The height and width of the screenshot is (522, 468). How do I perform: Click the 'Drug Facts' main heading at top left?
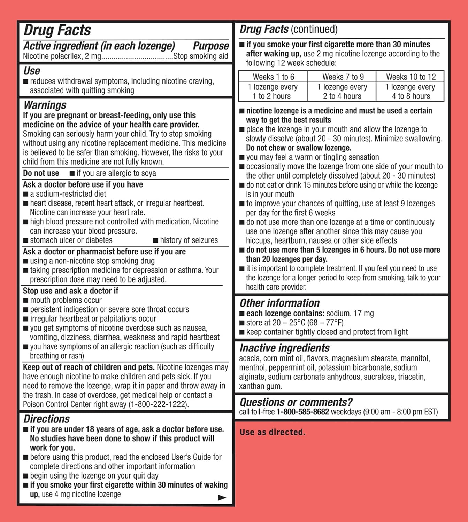[57, 31]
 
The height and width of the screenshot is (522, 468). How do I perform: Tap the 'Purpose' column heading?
[211, 46]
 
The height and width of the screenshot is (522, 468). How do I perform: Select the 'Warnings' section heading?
[45, 105]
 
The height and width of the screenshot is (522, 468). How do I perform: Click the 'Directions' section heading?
[47, 419]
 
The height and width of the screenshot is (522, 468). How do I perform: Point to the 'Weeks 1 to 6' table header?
[273, 77]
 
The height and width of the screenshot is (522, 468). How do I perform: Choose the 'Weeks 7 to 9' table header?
[343, 77]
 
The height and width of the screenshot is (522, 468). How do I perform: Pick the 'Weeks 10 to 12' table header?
[411, 77]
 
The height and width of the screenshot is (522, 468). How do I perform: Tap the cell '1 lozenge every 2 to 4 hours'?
[342, 92]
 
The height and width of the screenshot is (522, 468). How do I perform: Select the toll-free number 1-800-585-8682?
[302, 412]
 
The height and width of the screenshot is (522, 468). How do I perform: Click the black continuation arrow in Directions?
[222, 498]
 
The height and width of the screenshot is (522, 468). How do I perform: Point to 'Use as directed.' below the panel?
[273, 432]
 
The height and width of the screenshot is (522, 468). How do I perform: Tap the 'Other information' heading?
[279, 303]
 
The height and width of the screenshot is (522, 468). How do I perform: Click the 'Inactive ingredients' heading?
[284, 348]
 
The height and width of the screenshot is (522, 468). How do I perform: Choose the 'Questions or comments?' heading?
[296, 402]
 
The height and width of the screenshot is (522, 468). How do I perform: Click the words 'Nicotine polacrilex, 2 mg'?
[62, 56]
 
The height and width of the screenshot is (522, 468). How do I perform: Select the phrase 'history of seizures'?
[189, 240]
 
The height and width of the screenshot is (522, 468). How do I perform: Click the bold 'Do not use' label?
[41, 173]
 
